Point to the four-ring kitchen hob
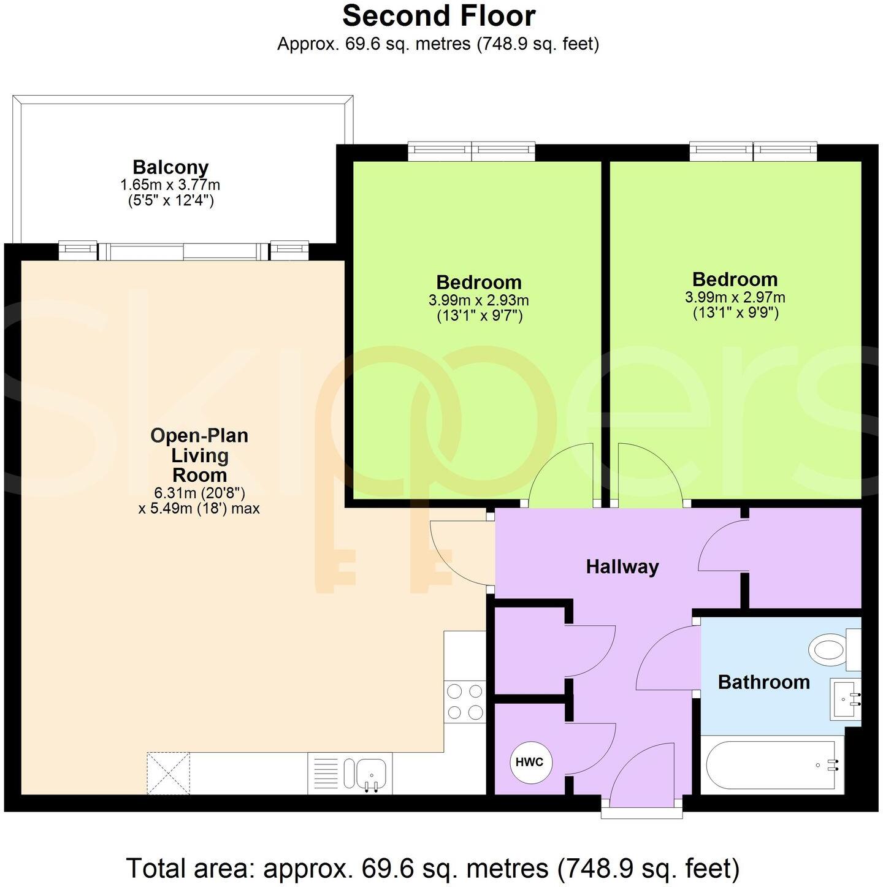coord(464,702)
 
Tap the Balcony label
coord(170,167)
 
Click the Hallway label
coord(622,566)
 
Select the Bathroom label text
coord(763,682)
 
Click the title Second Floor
coord(439,16)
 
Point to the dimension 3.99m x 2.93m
coord(478,300)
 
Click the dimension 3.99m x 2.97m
coord(735,297)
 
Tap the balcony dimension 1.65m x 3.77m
coord(170,185)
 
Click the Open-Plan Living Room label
coord(199,455)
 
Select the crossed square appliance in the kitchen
coord(168,774)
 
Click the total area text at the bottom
coord(432,868)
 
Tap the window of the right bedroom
coord(753,151)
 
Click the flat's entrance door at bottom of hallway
coord(642,775)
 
